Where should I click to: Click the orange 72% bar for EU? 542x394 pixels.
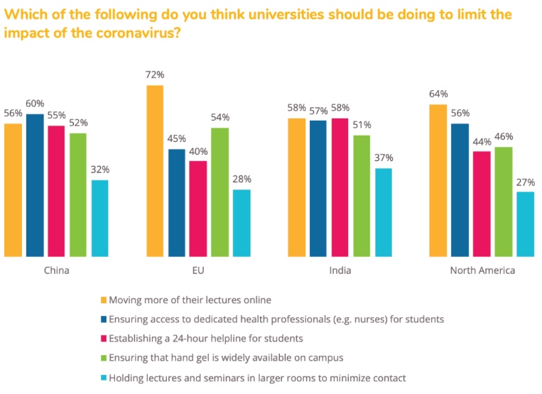155,170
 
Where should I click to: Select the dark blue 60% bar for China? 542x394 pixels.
35,185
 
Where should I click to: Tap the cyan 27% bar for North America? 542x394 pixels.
525,224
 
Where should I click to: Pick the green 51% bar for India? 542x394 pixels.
362,195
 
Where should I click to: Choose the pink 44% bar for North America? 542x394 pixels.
482,203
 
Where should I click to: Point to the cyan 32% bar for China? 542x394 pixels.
100,218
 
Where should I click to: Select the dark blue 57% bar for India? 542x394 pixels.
318,188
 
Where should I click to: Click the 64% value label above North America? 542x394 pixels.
438,93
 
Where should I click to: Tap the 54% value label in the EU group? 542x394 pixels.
220,116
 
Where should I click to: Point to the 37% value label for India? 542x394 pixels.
383,157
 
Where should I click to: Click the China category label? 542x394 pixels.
57,270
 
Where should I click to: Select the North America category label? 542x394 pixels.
482,270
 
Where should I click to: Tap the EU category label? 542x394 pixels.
198,270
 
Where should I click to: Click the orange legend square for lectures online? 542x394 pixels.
103,300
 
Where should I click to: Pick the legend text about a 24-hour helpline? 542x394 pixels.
207,338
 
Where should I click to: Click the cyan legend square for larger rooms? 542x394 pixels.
103,377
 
